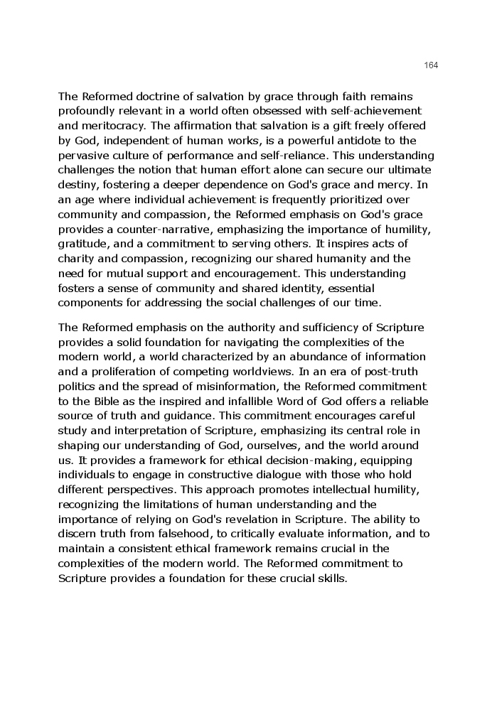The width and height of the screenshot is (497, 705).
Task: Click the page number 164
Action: pos(431,65)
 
